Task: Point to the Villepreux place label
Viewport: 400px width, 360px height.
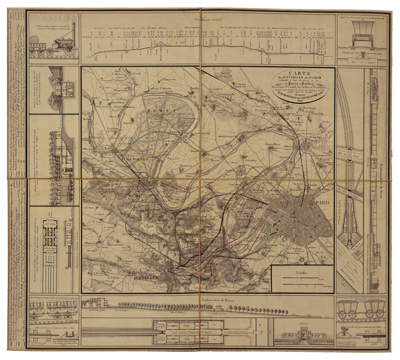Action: pos(94,244)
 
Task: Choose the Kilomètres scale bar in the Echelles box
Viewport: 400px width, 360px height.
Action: pos(303,285)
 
